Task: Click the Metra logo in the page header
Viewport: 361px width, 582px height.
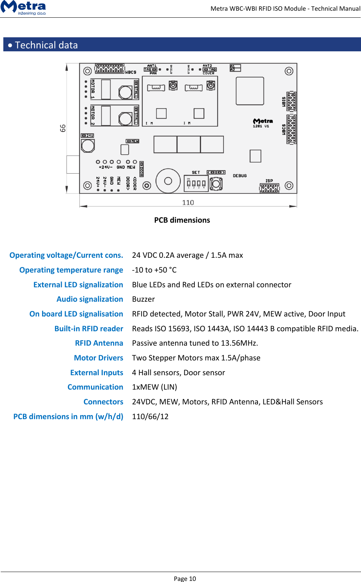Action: tap(23, 7)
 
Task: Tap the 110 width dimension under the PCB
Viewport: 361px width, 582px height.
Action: tap(188, 202)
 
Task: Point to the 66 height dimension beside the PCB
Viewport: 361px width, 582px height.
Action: tap(63, 128)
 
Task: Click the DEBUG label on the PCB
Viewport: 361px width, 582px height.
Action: tap(239, 176)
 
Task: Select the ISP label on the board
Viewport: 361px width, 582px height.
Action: tap(269, 181)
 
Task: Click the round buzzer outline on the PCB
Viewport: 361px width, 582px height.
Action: tap(168, 181)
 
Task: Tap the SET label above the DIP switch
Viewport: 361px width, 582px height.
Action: tap(196, 172)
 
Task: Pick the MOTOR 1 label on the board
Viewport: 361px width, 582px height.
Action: tap(93, 89)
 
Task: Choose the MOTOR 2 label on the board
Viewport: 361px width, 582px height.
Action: tap(93, 115)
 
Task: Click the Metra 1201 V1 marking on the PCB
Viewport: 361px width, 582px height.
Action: tap(262, 123)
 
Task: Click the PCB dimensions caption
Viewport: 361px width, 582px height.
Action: tap(182, 220)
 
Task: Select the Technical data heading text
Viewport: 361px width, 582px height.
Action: tap(46, 45)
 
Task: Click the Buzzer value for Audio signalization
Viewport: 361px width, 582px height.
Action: tap(143, 299)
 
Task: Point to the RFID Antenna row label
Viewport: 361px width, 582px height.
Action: tap(99, 343)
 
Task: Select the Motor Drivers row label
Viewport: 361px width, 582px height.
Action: tap(98, 358)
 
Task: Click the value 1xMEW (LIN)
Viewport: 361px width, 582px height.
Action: tap(154, 387)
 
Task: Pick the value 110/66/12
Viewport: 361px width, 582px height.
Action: tap(150, 417)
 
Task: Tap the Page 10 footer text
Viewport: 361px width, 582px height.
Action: tap(185, 578)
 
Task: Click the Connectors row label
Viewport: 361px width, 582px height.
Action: tap(103, 402)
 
